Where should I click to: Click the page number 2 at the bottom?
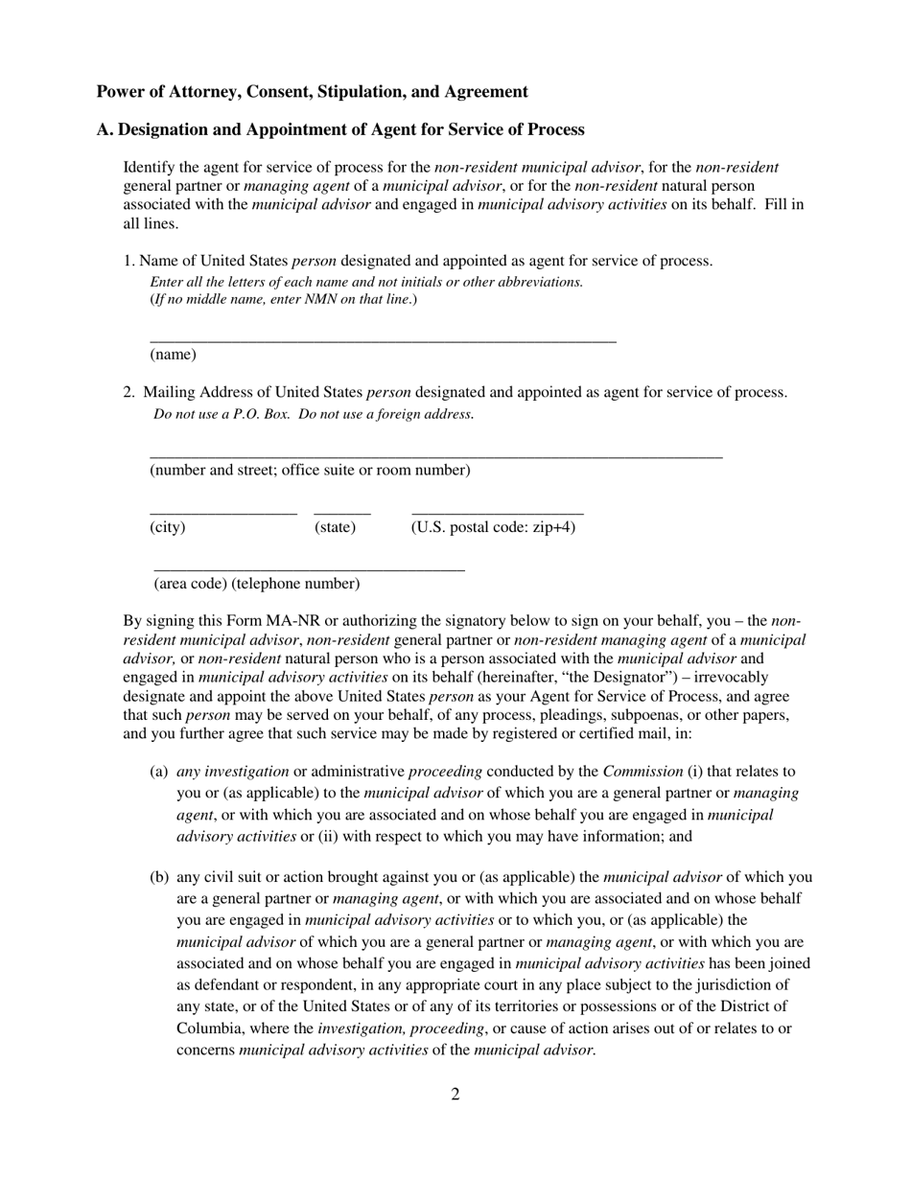(455, 1095)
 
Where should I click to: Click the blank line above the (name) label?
(383, 340)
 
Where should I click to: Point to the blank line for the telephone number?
(309, 570)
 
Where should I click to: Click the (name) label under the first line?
(173, 355)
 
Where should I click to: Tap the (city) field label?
(168, 527)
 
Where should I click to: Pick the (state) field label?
(335, 527)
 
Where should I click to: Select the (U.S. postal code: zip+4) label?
(493, 527)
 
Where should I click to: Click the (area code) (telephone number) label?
(257, 584)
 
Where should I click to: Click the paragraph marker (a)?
(159, 772)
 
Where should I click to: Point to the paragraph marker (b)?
(159, 877)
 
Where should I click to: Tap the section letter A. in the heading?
(104, 129)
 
